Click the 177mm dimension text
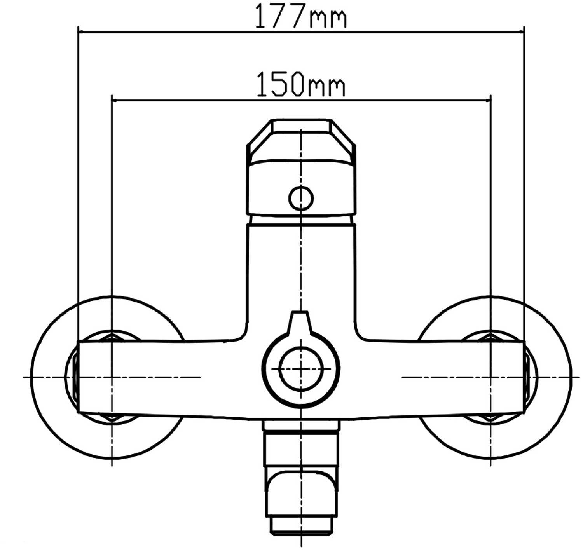pyautogui.click(x=300, y=16)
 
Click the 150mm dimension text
pyautogui.click(x=301, y=84)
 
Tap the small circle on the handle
pyautogui.click(x=301, y=198)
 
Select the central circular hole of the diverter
pyautogui.click(x=301, y=369)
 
